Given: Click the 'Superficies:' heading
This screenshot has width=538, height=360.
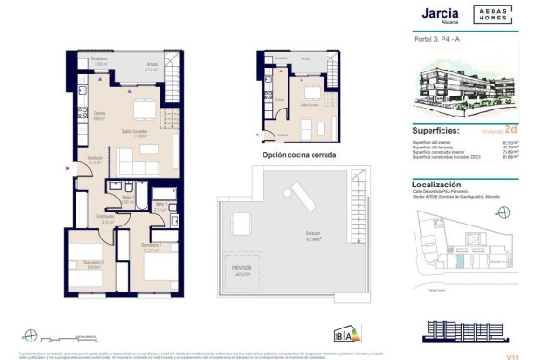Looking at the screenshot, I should [442, 131].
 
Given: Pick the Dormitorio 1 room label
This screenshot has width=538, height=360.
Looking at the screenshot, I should [152, 246].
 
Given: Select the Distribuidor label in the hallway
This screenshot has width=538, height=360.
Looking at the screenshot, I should [108, 220].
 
